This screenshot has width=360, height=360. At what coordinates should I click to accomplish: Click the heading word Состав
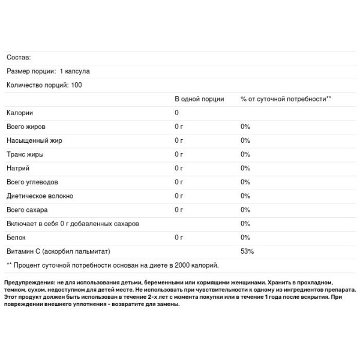(18, 57)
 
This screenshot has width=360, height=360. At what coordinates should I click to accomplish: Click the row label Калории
(19, 113)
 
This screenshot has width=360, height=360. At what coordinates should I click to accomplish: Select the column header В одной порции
(199, 99)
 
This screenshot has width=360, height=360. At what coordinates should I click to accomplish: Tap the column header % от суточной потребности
(286, 99)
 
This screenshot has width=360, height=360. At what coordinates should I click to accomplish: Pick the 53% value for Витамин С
(247, 251)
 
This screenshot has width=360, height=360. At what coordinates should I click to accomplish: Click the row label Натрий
(17, 168)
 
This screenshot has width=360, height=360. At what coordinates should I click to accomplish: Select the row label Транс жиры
(25, 154)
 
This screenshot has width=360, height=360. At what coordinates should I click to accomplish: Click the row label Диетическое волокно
(40, 196)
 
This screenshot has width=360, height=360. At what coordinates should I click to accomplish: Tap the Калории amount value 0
(177, 113)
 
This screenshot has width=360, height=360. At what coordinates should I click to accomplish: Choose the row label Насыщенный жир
(34, 140)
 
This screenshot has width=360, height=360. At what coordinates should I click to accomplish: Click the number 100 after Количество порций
(76, 85)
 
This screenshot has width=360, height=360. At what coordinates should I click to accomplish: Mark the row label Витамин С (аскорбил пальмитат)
(59, 251)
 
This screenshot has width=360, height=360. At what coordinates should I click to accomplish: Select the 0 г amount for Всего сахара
(179, 209)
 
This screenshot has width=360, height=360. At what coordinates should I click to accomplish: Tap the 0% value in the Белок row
(245, 237)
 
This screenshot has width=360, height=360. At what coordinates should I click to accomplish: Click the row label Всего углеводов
(32, 182)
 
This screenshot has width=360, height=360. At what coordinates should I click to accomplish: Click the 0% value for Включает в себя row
(245, 223)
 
